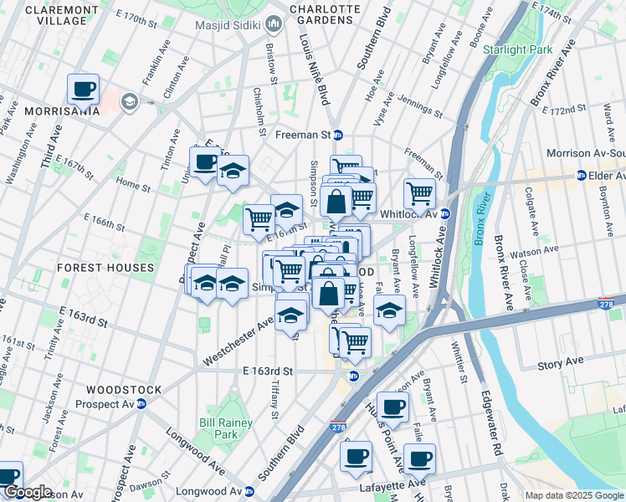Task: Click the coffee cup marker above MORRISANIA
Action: click(x=84, y=89)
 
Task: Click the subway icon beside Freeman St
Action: click(x=338, y=135)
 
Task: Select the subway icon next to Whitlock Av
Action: click(x=445, y=213)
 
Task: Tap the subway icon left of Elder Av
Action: click(x=579, y=176)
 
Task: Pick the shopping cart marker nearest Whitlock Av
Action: click(x=419, y=193)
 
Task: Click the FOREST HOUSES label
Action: click(x=105, y=268)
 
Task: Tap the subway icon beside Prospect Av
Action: click(x=141, y=403)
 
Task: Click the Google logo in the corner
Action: click(x=28, y=493)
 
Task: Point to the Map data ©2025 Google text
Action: click(x=573, y=495)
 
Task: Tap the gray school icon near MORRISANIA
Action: click(x=129, y=102)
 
